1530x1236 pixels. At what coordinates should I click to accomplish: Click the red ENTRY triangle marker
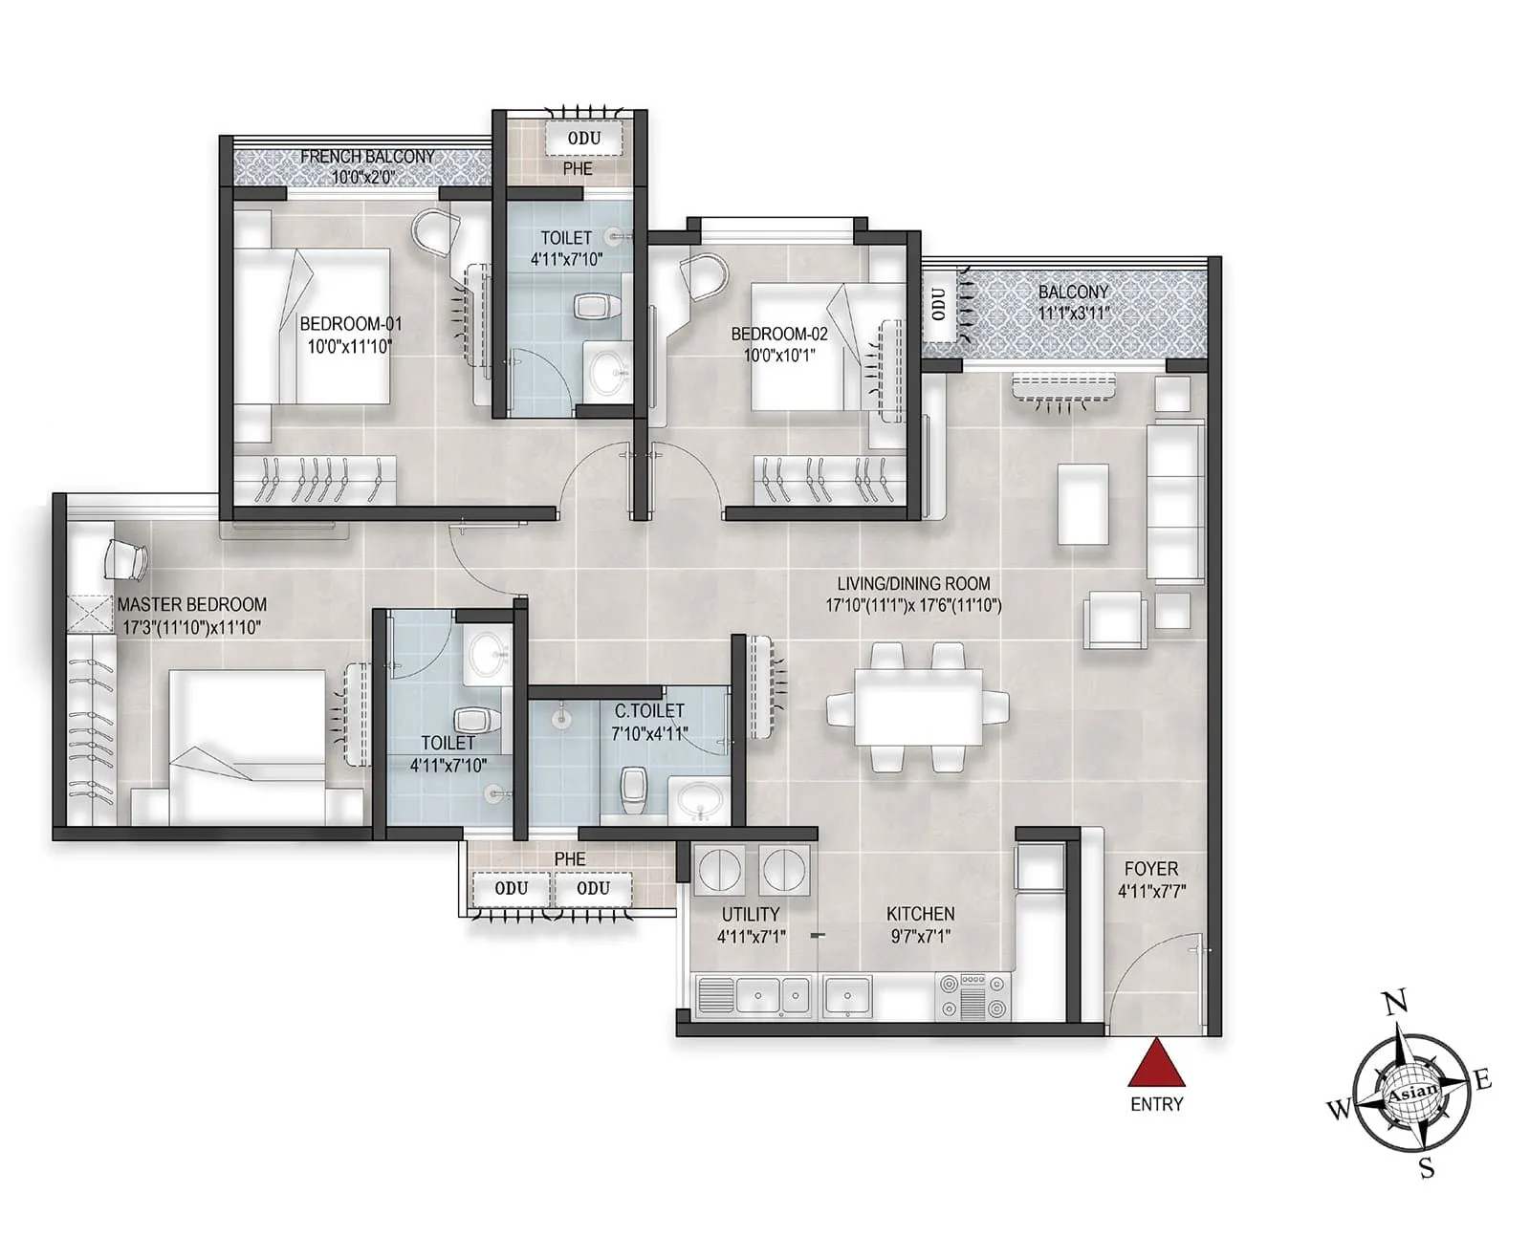coord(1156,1066)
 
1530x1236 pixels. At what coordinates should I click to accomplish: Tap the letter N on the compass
coord(1396,1003)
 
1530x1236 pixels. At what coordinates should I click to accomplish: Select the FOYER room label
coord(1150,869)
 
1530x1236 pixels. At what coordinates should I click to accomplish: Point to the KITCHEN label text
coord(920,914)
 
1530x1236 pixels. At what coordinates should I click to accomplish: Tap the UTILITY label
coord(750,914)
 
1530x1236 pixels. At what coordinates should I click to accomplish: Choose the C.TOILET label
coord(649,710)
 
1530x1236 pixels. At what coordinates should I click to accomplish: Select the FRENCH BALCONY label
coord(367,156)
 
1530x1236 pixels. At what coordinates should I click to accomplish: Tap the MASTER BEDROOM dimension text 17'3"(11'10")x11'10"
coord(192,627)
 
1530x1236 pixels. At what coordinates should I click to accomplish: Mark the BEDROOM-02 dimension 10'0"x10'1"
coord(779,356)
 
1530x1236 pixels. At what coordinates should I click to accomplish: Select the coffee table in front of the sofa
coord(1082,504)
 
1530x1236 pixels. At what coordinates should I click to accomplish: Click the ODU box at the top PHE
coord(584,139)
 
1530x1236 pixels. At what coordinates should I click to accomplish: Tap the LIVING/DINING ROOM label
coord(913,583)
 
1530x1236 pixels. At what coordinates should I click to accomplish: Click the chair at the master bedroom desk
coord(124,559)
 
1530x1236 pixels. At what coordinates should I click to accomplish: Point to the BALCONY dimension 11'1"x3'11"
coord(1073,313)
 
